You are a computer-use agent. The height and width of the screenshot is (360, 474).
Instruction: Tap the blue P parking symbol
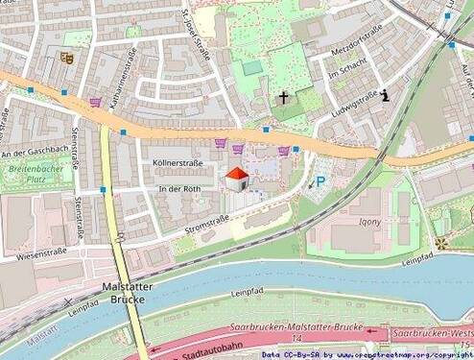(x=320, y=180)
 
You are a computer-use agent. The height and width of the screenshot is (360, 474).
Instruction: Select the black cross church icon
(x=284, y=97)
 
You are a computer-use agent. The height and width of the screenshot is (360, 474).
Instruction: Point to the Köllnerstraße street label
(x=178, y=164)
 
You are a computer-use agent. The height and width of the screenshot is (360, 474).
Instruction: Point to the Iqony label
(x=369, y=220)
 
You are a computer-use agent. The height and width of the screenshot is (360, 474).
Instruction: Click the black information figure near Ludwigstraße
(x=385, y=95)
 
